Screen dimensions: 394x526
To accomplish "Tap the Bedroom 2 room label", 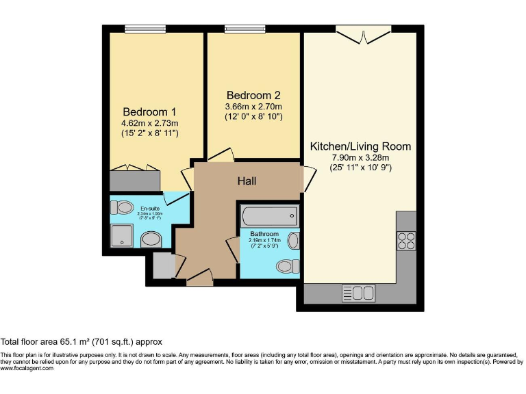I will pyautogui.click(x=253, y=95).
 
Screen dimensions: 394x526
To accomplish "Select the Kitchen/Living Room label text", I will pyautogui.click(x=360, y=146).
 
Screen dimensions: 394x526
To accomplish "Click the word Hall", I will pyautogui.click(x=247, y=181).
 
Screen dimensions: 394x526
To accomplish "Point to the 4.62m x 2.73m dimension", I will pyautogui.click(x=149, y=122).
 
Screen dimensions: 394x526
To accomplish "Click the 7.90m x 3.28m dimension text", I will pyautogui.click(x=360, y=157).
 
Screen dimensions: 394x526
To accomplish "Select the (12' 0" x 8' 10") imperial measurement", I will pyautogui.click(x=253, y=117).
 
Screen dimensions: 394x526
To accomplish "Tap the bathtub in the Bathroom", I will pyautogui.click(x=269, y=216).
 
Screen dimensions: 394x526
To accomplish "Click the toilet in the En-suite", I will pyautogui.click(x=124, y=207).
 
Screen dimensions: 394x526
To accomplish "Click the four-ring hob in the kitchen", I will pyautogui.click(x=405, y=241).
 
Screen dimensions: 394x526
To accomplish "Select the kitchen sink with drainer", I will pyautogui.click(x=358, y=293).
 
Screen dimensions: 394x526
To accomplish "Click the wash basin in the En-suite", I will pyautogui.click(x=150, y=239).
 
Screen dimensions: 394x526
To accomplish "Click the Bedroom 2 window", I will pyautogui.click(x=245, y=29).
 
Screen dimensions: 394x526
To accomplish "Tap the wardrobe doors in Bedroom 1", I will pyautogui.click(x=135, y=167).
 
